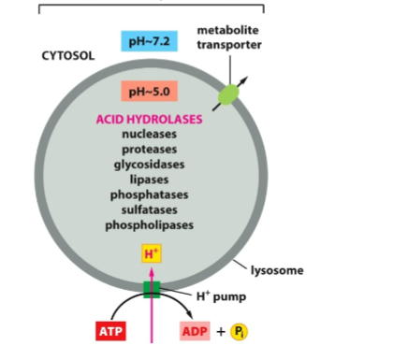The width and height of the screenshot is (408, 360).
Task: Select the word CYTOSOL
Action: pos(68,56)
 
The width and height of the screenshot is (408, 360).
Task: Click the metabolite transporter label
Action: pos(227,37)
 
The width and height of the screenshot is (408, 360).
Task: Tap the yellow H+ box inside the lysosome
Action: pos(151,253)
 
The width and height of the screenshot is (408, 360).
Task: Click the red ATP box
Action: pos(109,331)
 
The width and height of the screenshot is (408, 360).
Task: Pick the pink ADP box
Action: pos(197,331)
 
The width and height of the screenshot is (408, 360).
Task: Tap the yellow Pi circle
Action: pos(248,331)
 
